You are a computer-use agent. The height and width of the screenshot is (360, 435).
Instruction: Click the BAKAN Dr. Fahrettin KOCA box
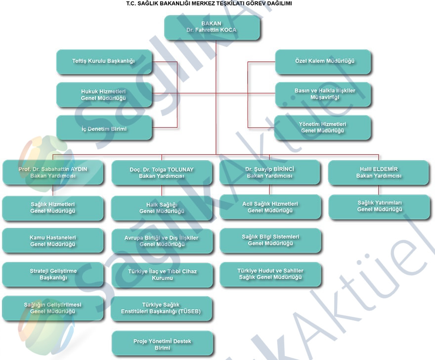(x=212, y=27)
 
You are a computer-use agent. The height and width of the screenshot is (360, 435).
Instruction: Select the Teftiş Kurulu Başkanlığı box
(x=103, y=61)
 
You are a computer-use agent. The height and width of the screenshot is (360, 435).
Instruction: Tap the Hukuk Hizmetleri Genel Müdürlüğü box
(x=103, y=94)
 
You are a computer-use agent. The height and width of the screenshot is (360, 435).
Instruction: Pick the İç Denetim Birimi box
(x=103, y=128)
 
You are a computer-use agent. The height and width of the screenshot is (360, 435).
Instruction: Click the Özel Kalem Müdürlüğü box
(x=322, y=61)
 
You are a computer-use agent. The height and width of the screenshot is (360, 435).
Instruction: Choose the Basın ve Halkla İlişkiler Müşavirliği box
(x=322, y=94)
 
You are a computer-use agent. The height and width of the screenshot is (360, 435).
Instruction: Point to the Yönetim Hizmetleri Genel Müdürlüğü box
(x=322, y=128)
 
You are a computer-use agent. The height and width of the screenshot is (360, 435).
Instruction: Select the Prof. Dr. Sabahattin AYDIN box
(x=53, y=172)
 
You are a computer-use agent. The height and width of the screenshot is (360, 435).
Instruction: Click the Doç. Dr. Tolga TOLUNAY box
(x=162, y=172)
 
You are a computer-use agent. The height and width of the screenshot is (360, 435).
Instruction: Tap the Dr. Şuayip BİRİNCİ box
(x=270, y=172)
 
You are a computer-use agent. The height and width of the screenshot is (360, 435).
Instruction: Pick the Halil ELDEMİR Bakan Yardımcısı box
(x=379, y=172)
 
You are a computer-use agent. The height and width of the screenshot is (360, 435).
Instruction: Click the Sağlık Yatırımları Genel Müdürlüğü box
(x=379, y=206)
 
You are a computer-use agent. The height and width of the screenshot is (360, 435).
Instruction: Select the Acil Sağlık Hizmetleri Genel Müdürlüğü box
(x=270, y=207)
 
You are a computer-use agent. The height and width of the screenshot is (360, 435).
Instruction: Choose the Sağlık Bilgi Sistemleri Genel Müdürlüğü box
(x=270, y=240)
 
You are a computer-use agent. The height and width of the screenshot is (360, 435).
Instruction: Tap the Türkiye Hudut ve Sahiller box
(x=270, y=274)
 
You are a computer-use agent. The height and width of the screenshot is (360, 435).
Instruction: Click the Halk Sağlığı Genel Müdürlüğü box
(x=162, y=208)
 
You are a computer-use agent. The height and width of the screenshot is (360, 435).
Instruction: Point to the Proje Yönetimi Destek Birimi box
(x=162, y=344)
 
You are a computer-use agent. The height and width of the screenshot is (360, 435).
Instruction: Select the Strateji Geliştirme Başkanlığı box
(x=53, y=274)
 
